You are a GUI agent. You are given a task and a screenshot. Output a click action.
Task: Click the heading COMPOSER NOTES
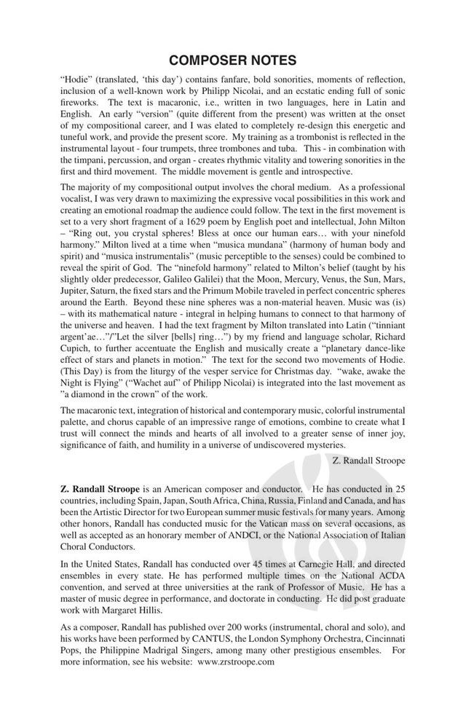[233, 60]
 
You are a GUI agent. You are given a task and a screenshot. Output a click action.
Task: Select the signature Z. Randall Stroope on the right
[371, 460]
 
